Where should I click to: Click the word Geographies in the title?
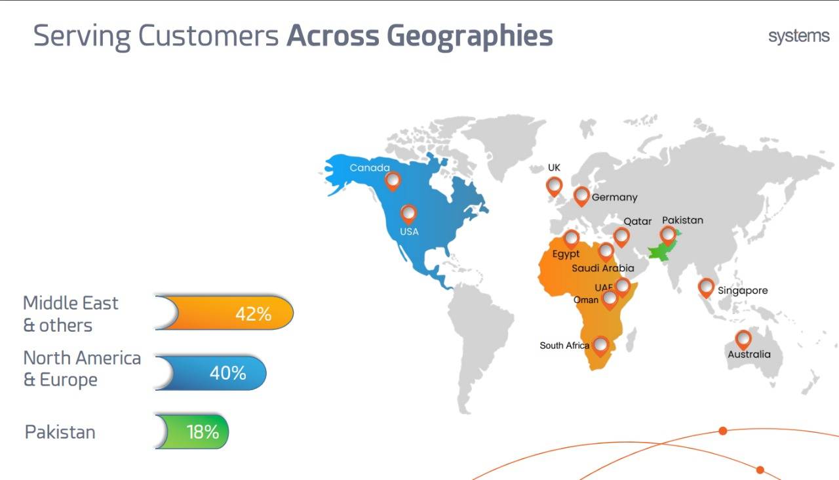click(x=470, y=37)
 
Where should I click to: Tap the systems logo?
click(x=798, y=36)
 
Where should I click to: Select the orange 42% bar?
click(x=224, y=313)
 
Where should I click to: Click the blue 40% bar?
click(x=210, y=373)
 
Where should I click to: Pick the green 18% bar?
click(x=192, y=431)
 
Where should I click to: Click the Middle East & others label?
click(x=70, y=314)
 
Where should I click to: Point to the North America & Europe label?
click(x=82, y=369)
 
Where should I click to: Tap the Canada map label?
click(x=370, y=167)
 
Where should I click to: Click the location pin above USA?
click(x=408, y=214)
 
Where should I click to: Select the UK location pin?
click(x=554, y=187)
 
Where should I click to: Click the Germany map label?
click(x=614, y=197)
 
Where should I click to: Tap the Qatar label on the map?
click(x=638, y=222)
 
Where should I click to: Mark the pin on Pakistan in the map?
click(x=668, y=235)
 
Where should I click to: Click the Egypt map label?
click(x=566, y=254)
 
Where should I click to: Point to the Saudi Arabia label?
click(x=602, y=268)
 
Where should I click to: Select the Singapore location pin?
click(x=706, y=288)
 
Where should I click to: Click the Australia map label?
click(x=749, y=354)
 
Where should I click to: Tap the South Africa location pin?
click(x=601, y=346)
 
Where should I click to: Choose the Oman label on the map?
click(x=586, y=300)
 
